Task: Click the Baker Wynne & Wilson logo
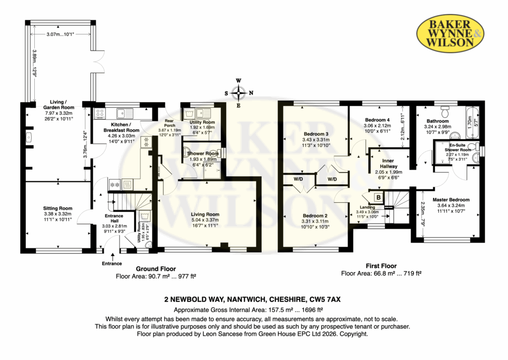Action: (450, 33)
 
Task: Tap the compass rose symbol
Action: (239, 93)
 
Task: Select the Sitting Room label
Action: (58, 208)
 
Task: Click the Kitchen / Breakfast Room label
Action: (121, 127)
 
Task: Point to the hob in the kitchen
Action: (100, 113)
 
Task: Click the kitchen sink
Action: (125, 114)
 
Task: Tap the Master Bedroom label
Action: (451, 200)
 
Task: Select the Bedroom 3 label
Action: (316, 134)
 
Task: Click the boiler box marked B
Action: (379, 197)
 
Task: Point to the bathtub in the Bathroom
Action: (474, 122)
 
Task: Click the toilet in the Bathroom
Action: (445, 112)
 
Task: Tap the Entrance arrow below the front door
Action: (113, 256)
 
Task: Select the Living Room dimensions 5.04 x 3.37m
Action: (205, 220)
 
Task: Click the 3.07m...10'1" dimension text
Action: (60, 34)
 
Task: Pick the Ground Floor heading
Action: (156, 269)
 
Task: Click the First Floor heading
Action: (381, 266)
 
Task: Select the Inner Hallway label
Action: (388, 164)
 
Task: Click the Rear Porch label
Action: (170, 123)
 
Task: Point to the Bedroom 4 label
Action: (378, 120)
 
